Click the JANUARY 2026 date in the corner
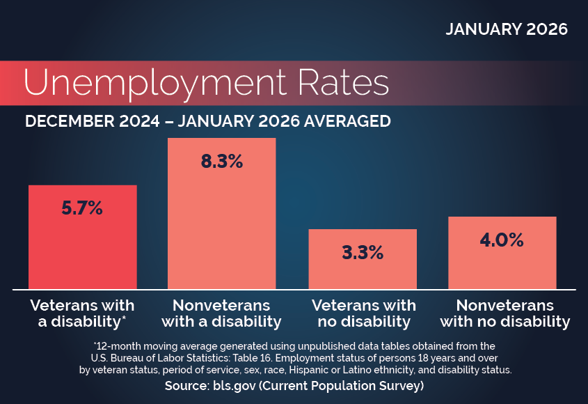(507, 29)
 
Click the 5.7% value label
(82, 208)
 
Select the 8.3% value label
(221, 162)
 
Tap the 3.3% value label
(362, 252)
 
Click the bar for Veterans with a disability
(82, 251)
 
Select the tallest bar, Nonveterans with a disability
(221, 223)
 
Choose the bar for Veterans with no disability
(362, 272)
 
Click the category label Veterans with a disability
(82, 313)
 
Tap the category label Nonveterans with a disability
(221, 313)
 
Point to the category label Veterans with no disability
(363, 313)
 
